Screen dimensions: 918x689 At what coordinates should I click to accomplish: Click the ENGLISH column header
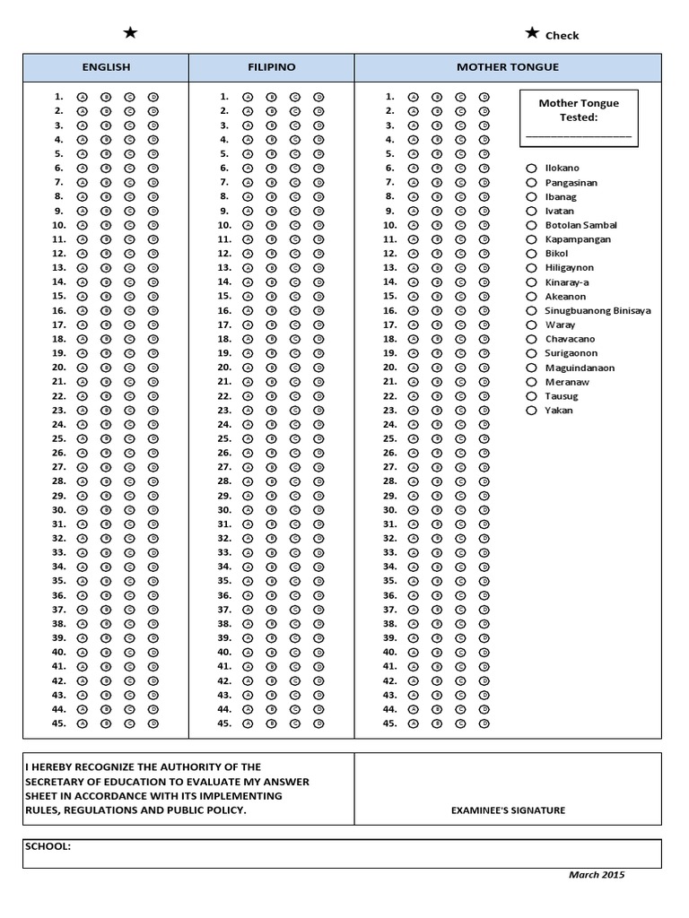pos(106,67)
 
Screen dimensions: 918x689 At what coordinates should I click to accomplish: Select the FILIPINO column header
pos(271,67)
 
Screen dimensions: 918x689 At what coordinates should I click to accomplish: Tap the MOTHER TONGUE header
pos(507,67)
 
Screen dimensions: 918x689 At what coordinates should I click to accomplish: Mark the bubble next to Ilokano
pos(531,169)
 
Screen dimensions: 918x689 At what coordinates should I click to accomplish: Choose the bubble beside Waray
pos(531,325)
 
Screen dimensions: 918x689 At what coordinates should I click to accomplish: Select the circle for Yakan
pos(531,411)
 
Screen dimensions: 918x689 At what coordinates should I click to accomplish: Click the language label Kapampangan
pos(578,239)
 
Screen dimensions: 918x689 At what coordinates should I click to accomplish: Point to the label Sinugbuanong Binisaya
pos(597,311)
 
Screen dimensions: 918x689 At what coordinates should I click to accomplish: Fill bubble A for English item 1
pos(82,97)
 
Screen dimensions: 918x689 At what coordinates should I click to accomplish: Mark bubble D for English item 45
pos(153,723)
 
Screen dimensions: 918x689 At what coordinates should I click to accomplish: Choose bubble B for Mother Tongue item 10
pos(437,225)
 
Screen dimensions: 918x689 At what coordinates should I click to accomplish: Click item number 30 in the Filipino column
pos(224,510)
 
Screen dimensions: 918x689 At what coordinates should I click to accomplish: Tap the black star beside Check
pos(532,33)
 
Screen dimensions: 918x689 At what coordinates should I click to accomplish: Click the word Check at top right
pos(562,36)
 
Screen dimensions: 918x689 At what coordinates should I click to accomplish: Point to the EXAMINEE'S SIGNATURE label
pos(508,810)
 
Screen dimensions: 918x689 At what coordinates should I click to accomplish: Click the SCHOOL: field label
pos(48,846)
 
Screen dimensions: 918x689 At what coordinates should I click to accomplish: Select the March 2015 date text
pos(597,875)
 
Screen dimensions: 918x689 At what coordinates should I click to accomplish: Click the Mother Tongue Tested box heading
pos(578,110)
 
